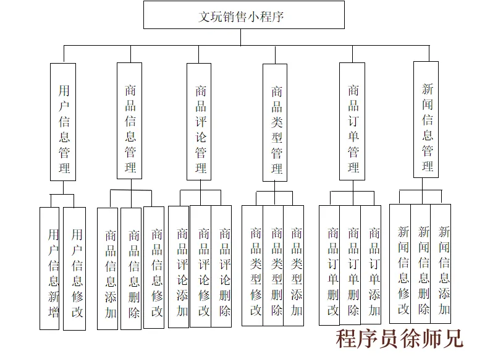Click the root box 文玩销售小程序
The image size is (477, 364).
click(243, 15)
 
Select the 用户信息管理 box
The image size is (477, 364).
click(63, 122)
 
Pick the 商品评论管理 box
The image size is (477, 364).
click(200, 122)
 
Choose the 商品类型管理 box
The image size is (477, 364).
click(275, 122)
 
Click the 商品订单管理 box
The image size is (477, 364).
click(353, 122)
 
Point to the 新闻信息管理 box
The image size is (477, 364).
click(426, 119)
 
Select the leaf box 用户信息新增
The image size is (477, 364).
click(50, 268)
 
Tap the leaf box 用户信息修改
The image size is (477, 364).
click(75, 268)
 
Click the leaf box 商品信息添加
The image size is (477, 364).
click(108, 269)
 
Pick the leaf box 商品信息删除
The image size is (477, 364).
click(132, 269)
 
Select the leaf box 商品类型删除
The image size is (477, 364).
click(274, 266)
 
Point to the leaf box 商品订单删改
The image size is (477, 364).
click(330, 266)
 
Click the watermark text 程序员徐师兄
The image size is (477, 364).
click(399, 338)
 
